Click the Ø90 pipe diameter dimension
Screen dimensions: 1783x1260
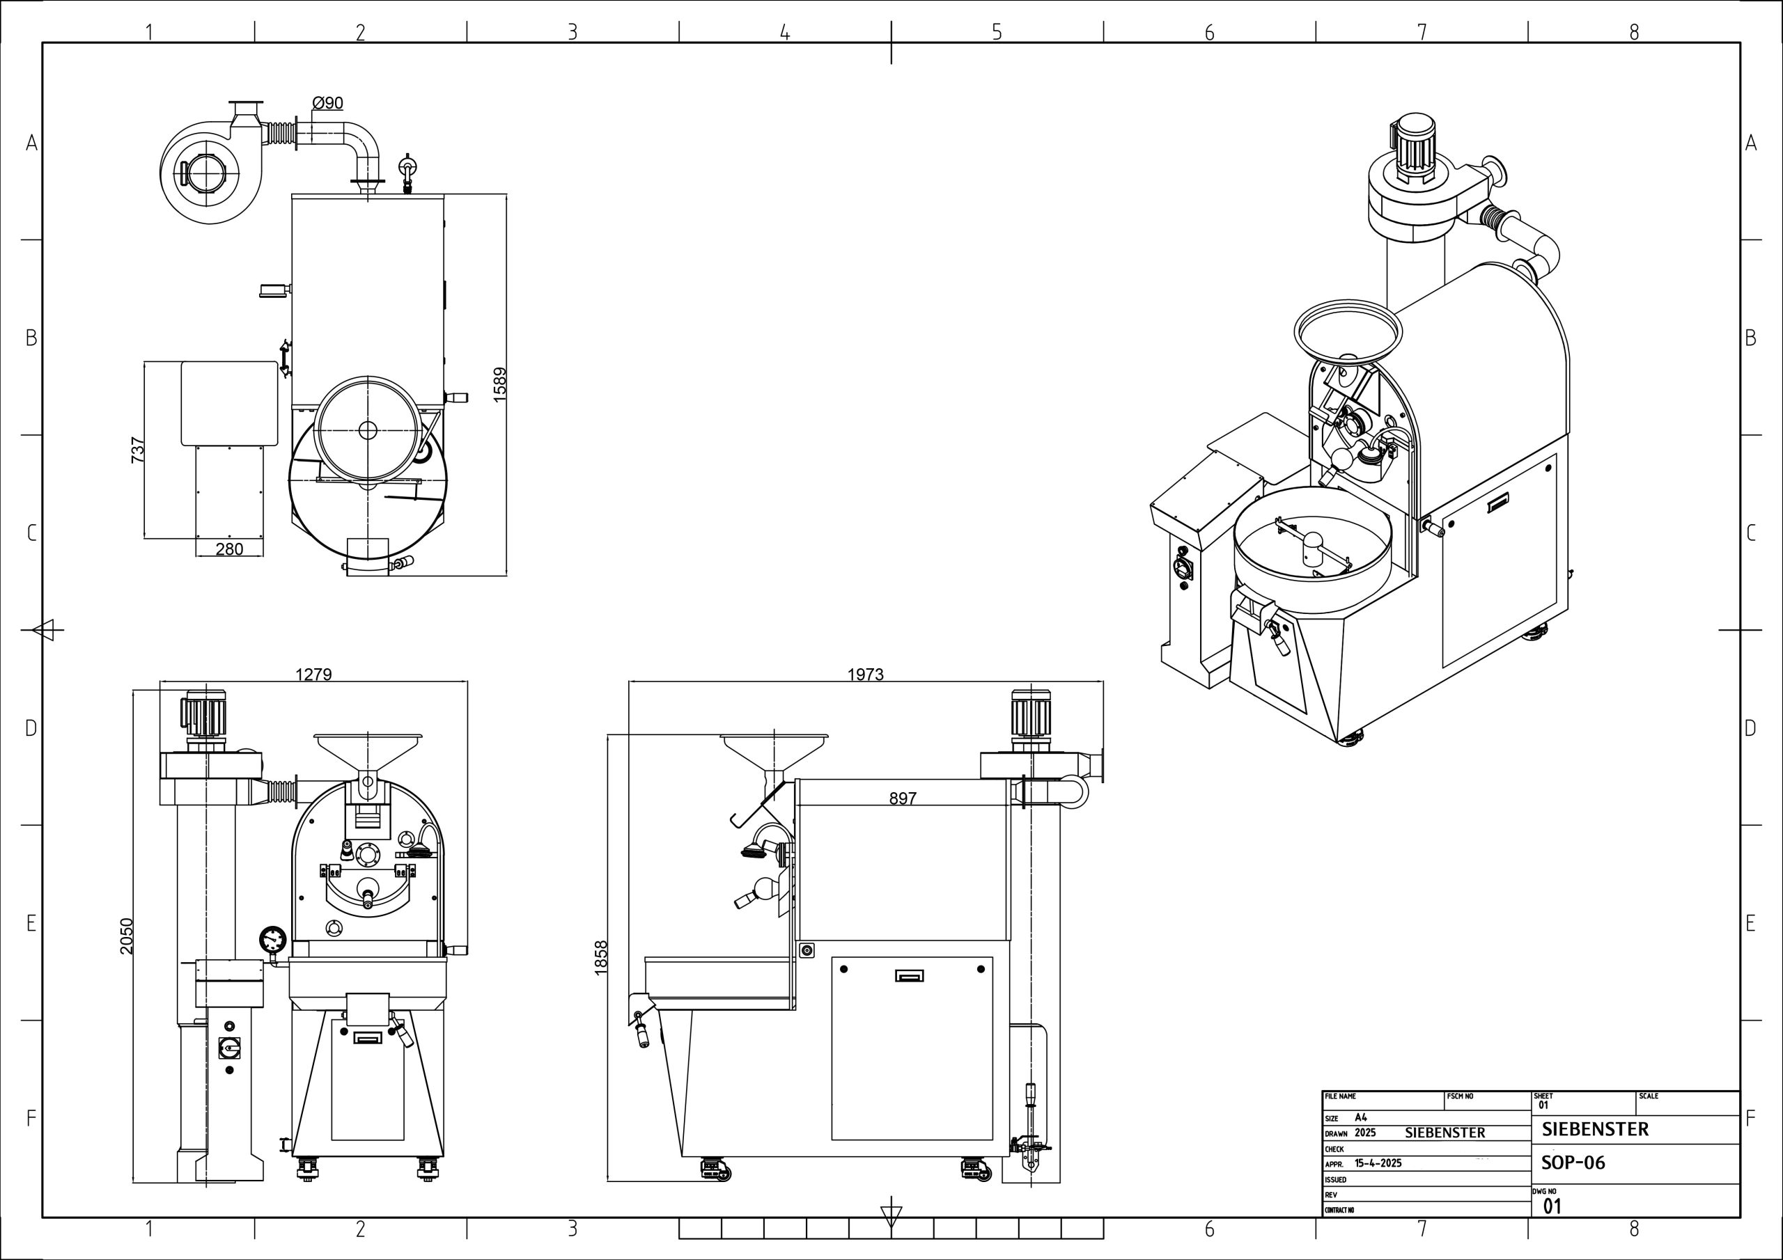327,103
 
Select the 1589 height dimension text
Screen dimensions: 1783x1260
500,384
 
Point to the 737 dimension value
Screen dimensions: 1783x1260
138,450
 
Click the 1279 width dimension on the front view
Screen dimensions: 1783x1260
313,675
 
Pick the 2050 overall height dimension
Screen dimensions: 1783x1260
127,936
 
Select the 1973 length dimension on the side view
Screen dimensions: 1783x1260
865,675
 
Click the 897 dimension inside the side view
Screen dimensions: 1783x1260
903,798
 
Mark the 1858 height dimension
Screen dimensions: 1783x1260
601,958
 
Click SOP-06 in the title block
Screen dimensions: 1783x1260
1573,1163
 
